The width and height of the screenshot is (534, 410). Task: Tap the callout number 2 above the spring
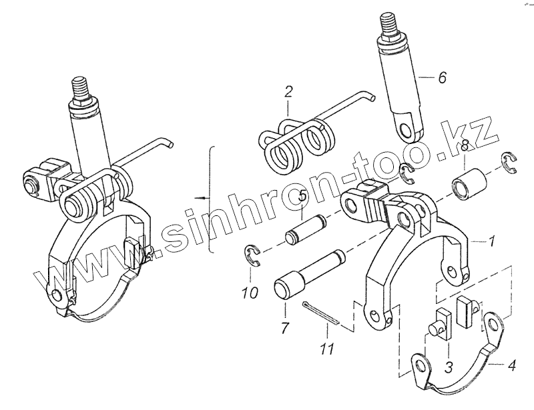coord(288,91)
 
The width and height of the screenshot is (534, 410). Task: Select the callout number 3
coord(450,367)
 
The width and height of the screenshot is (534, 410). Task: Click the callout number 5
coord(302,197)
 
